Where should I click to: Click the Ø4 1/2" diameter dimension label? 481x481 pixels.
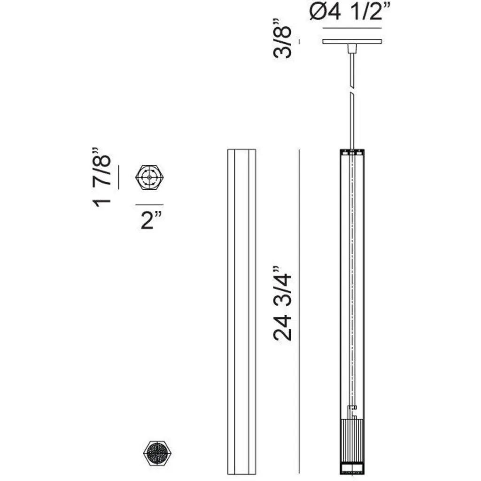349,12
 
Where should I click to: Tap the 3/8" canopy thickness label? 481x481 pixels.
282,39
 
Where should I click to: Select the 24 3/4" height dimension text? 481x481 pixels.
282,303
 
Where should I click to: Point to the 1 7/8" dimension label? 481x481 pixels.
101,177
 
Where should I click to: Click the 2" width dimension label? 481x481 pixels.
151,220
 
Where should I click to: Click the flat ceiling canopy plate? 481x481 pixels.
352,41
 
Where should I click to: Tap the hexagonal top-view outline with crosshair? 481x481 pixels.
149,177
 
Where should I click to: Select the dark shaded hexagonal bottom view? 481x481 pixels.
157,453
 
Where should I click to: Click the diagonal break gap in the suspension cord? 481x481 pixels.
352,91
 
